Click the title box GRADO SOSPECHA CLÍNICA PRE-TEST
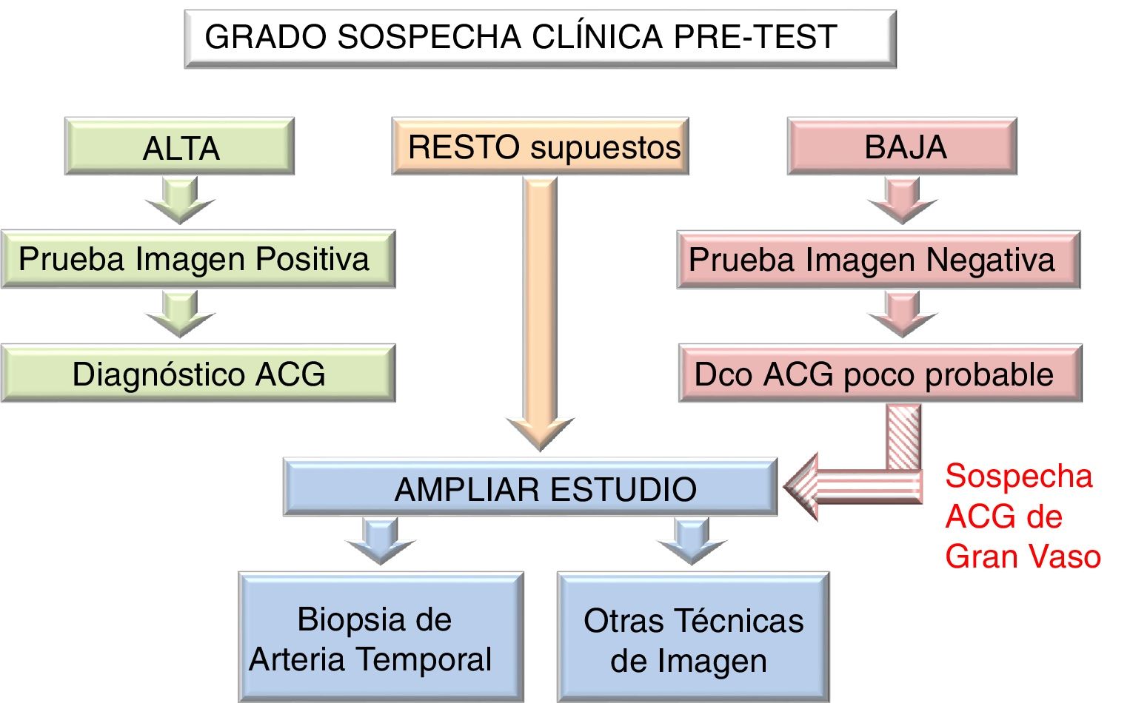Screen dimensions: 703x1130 click(x=540, y=38)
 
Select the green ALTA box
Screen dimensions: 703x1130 click(x=179, y=147)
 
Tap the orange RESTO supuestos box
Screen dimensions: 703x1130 click(x=541, y=147)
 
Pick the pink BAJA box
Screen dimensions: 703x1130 click(x=902, y=147)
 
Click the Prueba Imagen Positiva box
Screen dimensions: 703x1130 click(x=198, y=259)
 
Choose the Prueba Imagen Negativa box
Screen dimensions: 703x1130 click(x=878, y=260)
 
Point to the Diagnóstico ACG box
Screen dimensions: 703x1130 click(x=198, y=374)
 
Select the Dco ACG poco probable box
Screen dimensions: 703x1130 click(x=880, y=374)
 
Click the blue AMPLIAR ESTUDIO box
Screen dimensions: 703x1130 click(x=530, y=488)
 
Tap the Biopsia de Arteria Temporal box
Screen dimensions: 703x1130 click(x=381, y=638)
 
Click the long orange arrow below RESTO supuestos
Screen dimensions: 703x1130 click(x=540, y=311)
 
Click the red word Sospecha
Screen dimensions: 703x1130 click(x=1018, y=476)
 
